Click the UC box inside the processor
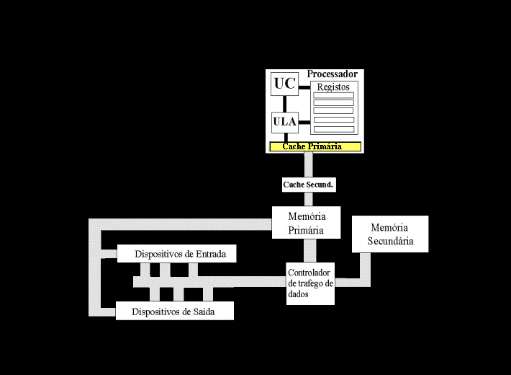pyautogui.click(x=285, y=84)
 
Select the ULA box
pyautogui.click(x=285, y=122)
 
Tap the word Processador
pyautogui.click(x=332, y=74)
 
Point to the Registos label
pyautogui.click(x=333, y=87)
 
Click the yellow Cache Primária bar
pyautogui.click(x=315, y=146)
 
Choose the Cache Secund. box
pyautogui.click(x=308, y=185)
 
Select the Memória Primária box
pyautogui.click(x=307, y=223)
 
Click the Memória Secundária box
pyautogui.click(x=390, y=234)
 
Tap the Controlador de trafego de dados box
pyautogui.click(x=310, y=283)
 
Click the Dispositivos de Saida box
pyautogui.click(x=175, y=312)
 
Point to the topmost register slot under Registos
pyautogui.click(x=333, y=95)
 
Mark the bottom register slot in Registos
pyautogui.click(x=333, y=129)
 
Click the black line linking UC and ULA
pyautogui.click(x=286, y=104)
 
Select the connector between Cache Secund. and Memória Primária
pyautogui.click(x=308, y=199)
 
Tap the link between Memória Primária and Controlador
pyautogui.click(x=309, y=250)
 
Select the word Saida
pyautogui.click(x=201, y=312)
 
